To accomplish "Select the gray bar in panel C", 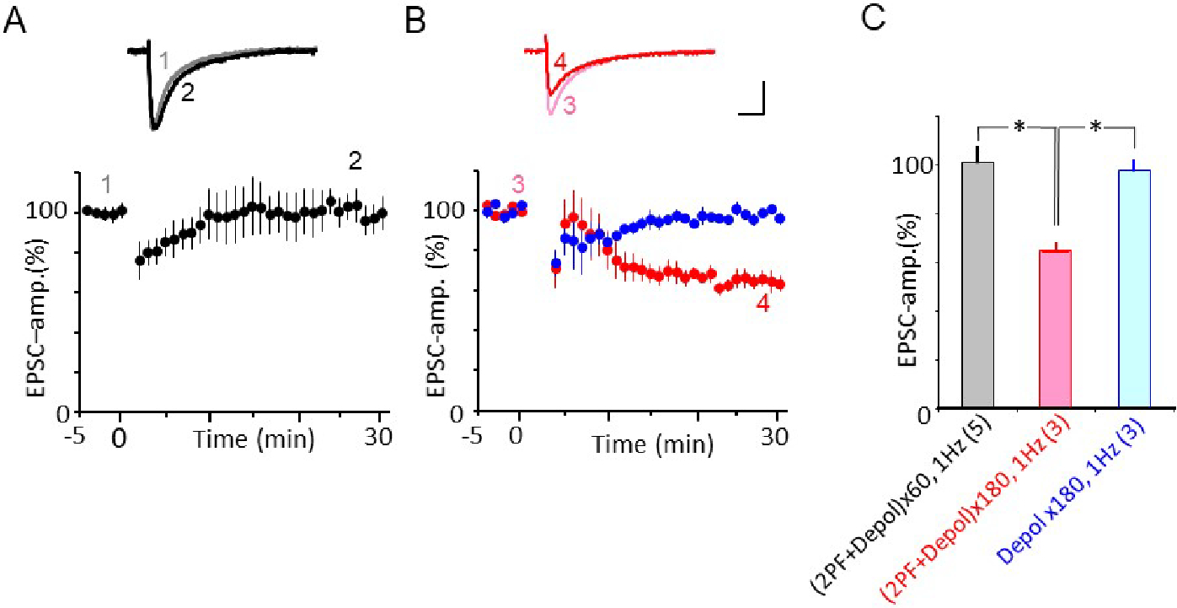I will tap(977, 287).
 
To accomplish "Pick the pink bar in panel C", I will tap(1055, 330).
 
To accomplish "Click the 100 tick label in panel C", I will tap(912, 163).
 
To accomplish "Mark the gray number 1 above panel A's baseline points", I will tap(107, 183).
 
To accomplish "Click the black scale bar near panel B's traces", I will tap(752, 100).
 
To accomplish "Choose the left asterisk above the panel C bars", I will tap(1019, 127).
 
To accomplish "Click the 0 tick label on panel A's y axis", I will tap(61, 412).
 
